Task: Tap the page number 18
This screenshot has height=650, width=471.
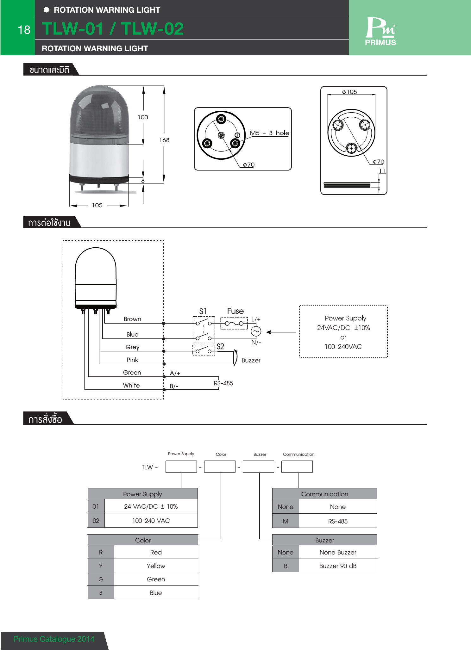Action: click(x=24, y=30)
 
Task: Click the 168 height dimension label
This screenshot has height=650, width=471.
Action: click(x=164, y=140)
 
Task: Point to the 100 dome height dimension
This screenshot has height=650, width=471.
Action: click(x=143, y=117)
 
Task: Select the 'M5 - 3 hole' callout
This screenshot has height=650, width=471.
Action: click(x=269, y=133)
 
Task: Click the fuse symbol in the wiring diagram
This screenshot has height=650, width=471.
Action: click(x=234, y=323)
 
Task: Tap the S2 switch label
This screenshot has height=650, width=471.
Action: click(x=220, y=346)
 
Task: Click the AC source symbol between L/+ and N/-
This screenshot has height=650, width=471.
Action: click(x=256, y=331)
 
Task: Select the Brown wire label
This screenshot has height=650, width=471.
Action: click(x=132, y=319)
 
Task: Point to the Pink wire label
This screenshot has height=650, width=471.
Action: click(x=132, y=360)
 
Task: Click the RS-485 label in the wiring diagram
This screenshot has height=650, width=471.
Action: click(x=223, y=383)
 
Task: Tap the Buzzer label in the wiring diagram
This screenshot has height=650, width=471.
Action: click(x=251, y=360)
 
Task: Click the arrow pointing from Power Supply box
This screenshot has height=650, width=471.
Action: click(x=281, y=332)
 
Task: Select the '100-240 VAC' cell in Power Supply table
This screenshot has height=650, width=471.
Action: click(x=151, y=521)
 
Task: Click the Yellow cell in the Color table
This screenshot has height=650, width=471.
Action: click(x=156, y=566)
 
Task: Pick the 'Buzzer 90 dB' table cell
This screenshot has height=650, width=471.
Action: click(x=338, y=566)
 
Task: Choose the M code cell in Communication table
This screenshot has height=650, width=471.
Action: click(x=286, y=521)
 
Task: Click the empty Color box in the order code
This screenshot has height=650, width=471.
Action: click(x=220, y=467)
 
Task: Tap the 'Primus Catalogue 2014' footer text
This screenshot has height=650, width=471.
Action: click(x=54, y=639)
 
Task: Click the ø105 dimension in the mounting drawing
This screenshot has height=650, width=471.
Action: click(x=349, y=92)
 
